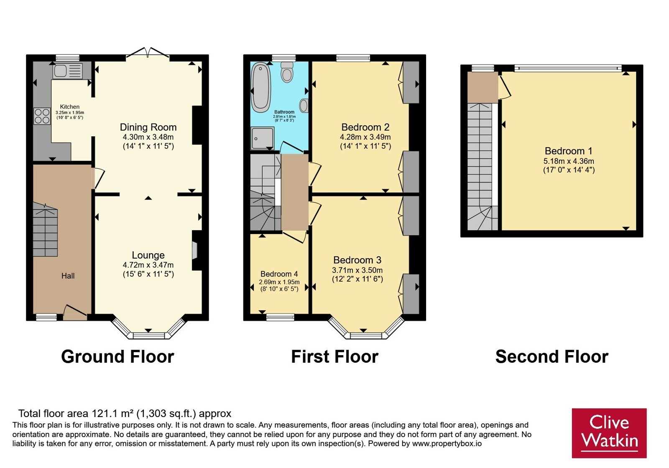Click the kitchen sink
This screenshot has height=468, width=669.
pyautogui.click(x=68, y=71)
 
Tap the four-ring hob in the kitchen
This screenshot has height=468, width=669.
pyautogui.click(x=42, y=116)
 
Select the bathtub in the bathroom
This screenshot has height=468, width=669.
pyautogui.click(x=260, y=87)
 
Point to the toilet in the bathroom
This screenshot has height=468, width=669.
pyautogui.click(x=287, y=71)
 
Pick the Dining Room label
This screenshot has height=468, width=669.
pyautogui.click(x=148, y=127)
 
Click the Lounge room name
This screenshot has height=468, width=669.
pyautogui.click(x=148, y=255)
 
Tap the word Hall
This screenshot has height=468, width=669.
pyautogui.click(x=68, y=276)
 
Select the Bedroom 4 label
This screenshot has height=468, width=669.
pyautogui.click(x=279, y=274)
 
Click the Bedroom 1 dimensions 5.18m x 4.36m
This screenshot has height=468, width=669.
pyautogui.click(x=569, y=161)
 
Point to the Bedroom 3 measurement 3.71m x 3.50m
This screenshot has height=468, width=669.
pyautogui.click(x=357, y=270)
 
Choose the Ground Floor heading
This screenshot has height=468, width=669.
pyautogui.click(x=117, y=356)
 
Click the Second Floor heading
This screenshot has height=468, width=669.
pyautogui.click(x=552, y=356)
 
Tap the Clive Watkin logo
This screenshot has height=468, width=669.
pyautogui.click(x=609, y=433)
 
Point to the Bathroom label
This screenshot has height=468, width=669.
pyautogui.click(x=284, y=112)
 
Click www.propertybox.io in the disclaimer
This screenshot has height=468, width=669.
pyautogui.click(x=447, y=443)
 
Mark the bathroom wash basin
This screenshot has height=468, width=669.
pyautogui.click(x=304, y=106)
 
